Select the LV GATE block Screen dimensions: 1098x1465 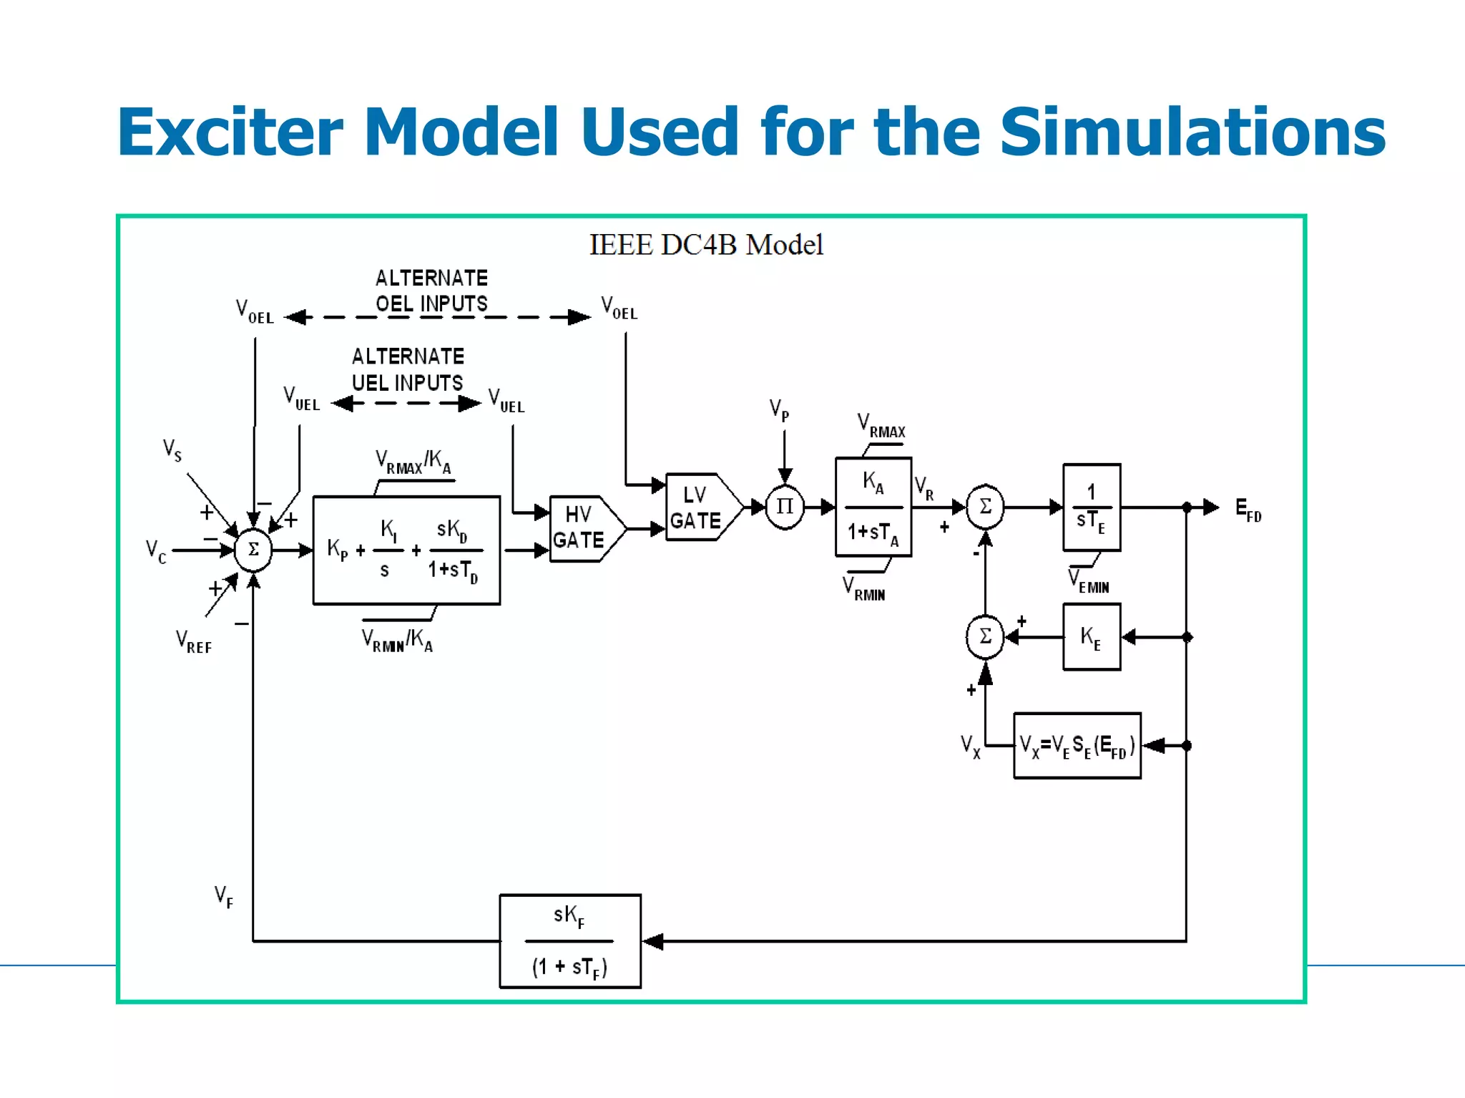click(x=697, y=507)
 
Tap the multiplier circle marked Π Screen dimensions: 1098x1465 click(x=785, y=507)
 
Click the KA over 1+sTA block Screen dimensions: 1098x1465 click(x=873, y=507)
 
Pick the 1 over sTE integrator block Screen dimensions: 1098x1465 click(x=1092, y=507)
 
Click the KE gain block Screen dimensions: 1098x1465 click(x=1092, y=636)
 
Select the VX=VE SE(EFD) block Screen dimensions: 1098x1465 click(x=1077, y=745)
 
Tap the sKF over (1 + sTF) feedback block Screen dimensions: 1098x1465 click(x=570, y=941)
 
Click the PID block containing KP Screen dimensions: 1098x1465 click(x=406, y=550)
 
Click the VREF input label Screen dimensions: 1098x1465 click(x=194, y=641)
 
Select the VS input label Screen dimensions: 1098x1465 click(x=172, y=450)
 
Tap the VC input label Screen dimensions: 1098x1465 click(x=156, y=551)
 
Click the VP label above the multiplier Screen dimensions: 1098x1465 click(x=779, y=410)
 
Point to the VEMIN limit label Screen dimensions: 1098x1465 click(x=1089, y=581)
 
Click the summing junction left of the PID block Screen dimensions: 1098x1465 click(x=253, y=550)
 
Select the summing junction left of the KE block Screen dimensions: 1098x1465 click(x=985, y=636)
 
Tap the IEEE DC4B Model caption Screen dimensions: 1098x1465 click(x=706, y=245)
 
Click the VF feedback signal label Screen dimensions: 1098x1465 click(x=224, y=896)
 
